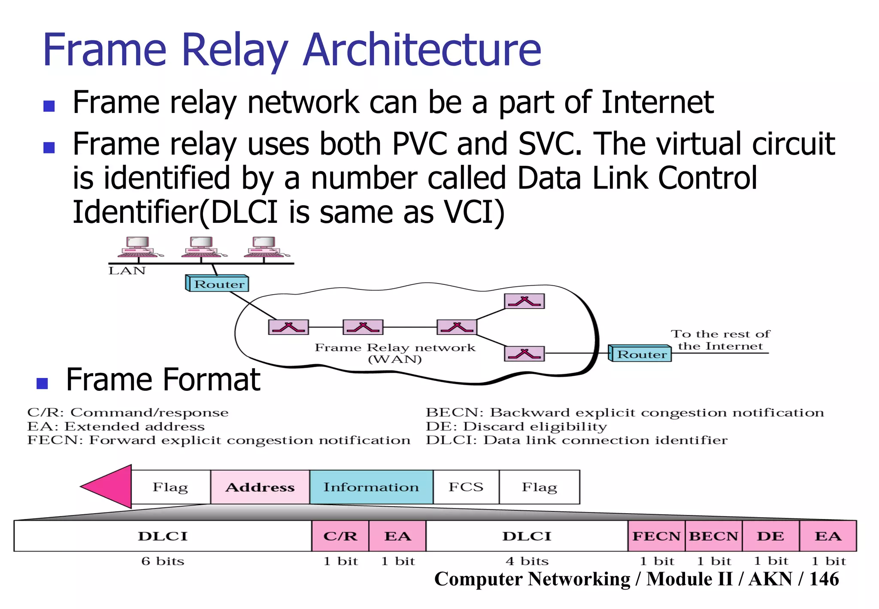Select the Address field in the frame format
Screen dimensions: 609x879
(260, 487)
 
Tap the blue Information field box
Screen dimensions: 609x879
(371, 487)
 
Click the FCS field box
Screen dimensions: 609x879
(466, 487)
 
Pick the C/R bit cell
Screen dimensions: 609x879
(340, 536)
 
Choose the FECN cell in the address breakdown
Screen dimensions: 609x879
(656, 536)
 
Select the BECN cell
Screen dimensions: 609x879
(713, 536)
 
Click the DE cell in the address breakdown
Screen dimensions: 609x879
(770, 536)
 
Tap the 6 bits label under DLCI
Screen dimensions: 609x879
(163, 561)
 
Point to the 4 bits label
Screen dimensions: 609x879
(527, 561)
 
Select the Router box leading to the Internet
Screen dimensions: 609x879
(640, 354)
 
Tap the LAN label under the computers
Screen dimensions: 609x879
(127, 271)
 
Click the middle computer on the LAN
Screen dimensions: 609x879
(201, 247)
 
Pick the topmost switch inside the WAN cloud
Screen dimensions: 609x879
(524, 301)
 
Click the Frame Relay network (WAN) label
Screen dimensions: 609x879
(395, 353)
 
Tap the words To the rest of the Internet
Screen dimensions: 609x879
(720, 340)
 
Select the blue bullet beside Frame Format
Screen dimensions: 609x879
(42, 383)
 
